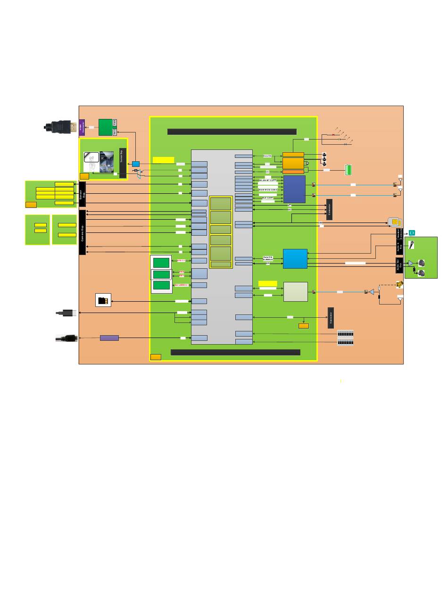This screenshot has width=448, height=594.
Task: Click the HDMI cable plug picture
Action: click(x=61, y=127)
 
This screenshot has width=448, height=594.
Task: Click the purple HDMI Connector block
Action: click(x=82, y=127)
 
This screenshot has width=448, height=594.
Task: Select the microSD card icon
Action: click(x=103, y=300)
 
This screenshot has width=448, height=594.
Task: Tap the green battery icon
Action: click(x=348, y=170)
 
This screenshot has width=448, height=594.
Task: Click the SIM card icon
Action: click(x=394, y=222)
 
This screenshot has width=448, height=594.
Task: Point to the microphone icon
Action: click(x=412, y=245)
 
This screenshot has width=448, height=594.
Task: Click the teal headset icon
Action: click(x=412, y=232)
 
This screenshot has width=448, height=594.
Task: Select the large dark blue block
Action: click(x=294, y=189)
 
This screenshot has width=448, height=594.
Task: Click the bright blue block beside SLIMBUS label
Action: click(x=295, y=258)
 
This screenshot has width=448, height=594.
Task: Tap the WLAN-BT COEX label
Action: click(x=268, y=181)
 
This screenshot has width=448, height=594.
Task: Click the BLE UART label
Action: click(x=268, y=198)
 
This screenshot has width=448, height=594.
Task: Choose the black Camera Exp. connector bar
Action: click(x=83, y=232)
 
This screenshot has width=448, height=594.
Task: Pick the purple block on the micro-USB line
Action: click(x=109, y=338)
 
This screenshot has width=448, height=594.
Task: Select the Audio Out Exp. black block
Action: click(x=399, y=265)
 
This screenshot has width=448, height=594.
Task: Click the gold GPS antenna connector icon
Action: click(x=399, y=284)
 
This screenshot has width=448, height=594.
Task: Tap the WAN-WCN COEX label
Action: click(x=268, y=190)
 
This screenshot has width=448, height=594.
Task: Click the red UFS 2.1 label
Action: click(x=181, y=260)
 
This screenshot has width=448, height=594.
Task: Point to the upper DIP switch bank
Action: click(x=345, y=333)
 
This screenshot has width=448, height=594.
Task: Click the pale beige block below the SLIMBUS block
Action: click(x=295, y=291)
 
